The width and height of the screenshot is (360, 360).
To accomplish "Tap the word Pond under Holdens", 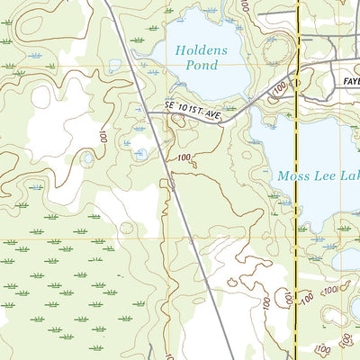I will pyautogui.click(x=200, y=67).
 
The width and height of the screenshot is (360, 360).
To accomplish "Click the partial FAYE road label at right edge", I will pyautogui.click(x=350, y=79).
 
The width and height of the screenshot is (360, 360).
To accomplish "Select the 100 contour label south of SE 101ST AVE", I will pyautogui.click(x=184, y=158).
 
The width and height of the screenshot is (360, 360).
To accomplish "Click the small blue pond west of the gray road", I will pyautogui.click(x=139, y=154).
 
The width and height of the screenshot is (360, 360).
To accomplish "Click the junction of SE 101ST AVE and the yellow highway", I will pyautogui.click(x=297, y=77).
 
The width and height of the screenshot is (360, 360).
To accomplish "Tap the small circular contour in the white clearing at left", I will pyautogui.click(x=86, y=160).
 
